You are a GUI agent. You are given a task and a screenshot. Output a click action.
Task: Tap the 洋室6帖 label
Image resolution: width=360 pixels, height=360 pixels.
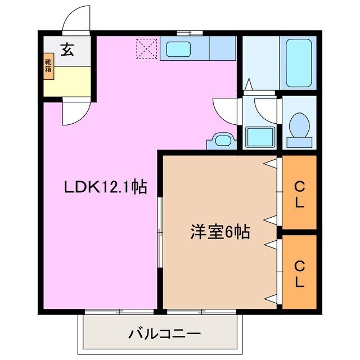point(220,231)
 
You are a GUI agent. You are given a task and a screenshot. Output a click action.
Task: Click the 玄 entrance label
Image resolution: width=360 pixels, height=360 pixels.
point(67,50)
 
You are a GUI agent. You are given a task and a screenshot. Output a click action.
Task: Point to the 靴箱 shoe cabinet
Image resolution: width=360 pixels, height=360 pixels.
point(48,66)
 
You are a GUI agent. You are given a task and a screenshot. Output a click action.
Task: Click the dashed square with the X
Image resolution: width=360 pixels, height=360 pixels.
point(148,48)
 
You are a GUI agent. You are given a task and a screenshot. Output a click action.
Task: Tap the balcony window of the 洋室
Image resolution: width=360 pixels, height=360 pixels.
point(200,310)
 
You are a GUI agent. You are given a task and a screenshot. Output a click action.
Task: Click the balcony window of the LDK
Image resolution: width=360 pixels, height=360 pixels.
point(119,310)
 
